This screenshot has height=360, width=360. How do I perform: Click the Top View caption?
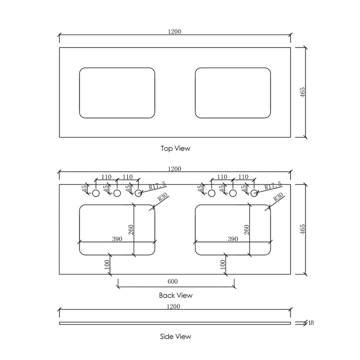coord(175,148)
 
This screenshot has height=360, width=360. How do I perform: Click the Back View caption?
coord(175,295)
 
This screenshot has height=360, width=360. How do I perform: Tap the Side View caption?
coord(175,336)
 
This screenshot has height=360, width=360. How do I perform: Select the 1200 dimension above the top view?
coord(174,31)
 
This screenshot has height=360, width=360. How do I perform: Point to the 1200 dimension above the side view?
coord(174,305)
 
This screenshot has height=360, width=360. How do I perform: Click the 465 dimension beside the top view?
coord(303,92)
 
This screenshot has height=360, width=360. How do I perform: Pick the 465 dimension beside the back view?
coord(303,229)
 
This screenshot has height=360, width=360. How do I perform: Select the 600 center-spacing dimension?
coord(174,282)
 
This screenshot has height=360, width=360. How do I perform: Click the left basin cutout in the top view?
coord(117,93)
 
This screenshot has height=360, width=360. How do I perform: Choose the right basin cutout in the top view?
coord(232,93)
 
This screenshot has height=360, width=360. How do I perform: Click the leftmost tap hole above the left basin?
coord(96,193)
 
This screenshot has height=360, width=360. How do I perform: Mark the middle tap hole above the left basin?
coord(117,193)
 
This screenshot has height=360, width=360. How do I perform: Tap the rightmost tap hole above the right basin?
coord(254,193)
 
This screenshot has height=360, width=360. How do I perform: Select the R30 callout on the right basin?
coord(278,197)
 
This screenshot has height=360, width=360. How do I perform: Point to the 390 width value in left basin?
coord(116,239)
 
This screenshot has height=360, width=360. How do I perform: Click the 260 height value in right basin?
coord(246,229)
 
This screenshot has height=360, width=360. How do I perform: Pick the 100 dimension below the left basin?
coord(106,265)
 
